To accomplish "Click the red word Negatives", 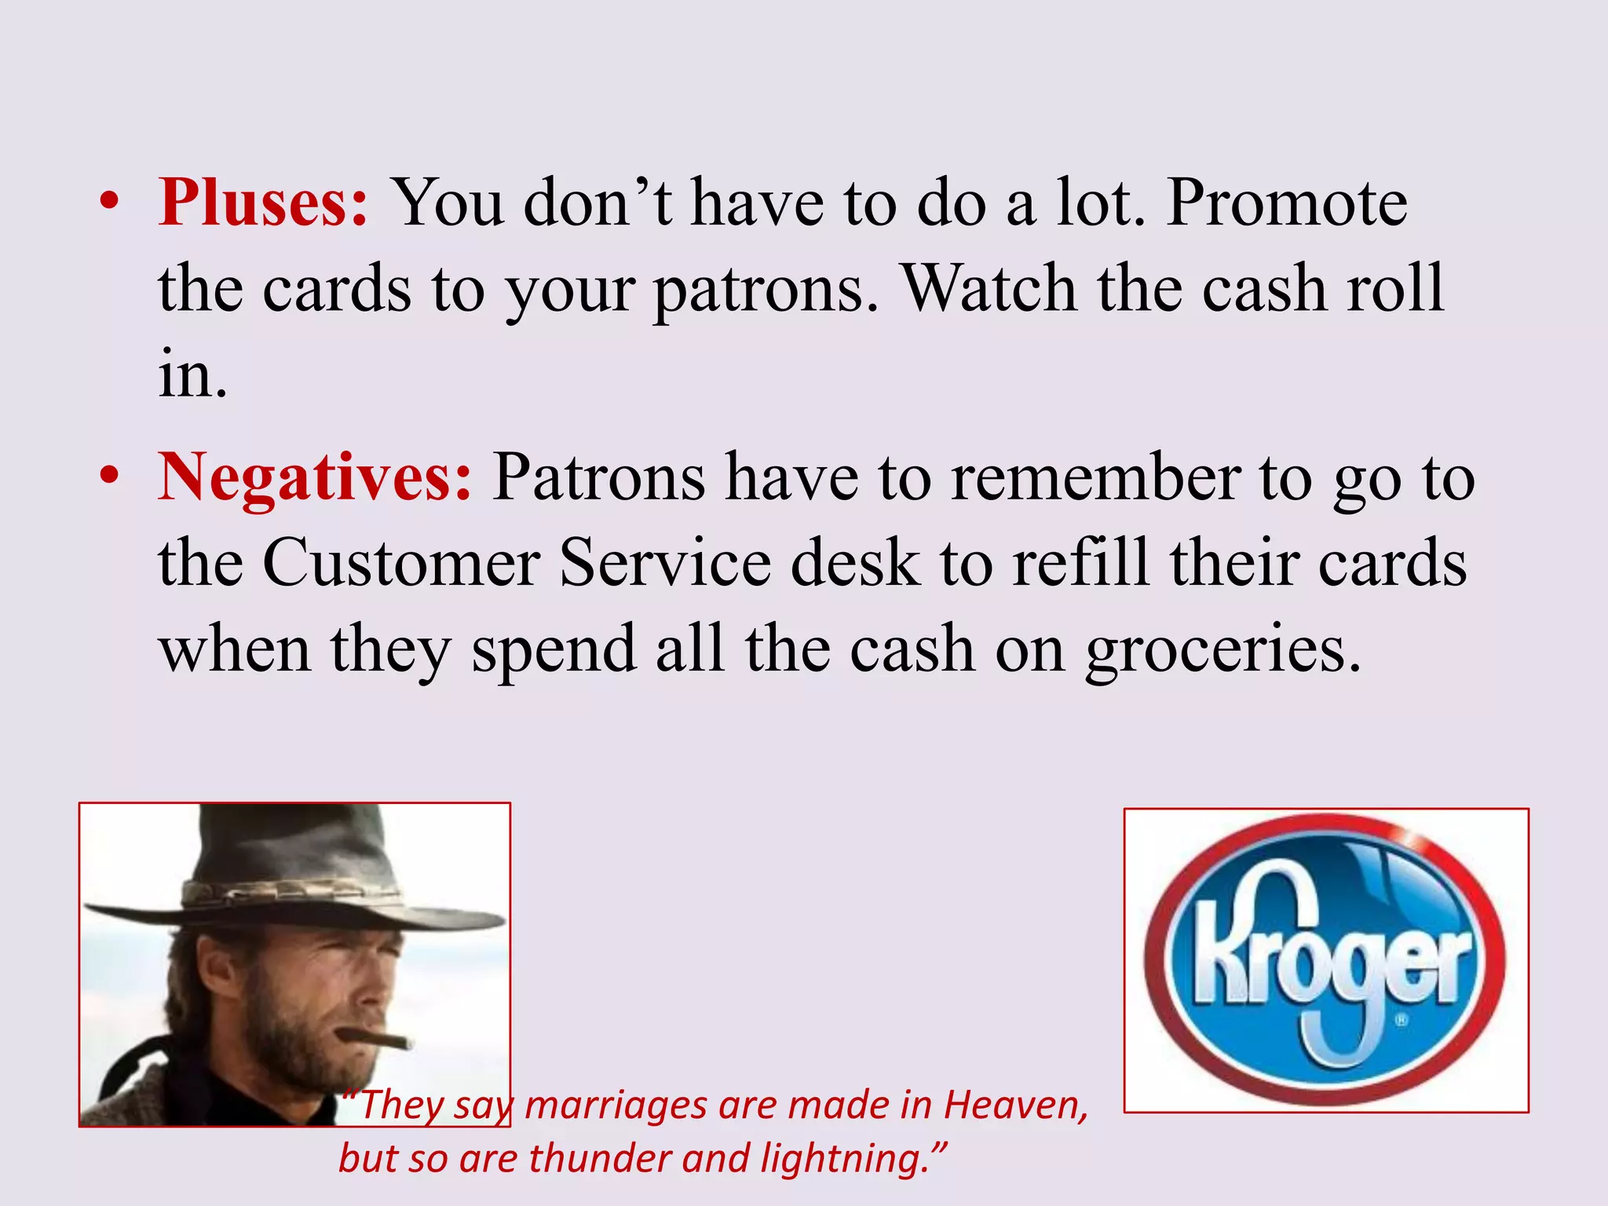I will tap(315, 477).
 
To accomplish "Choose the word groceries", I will tap(1223, 650).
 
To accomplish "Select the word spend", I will tap(554, 650).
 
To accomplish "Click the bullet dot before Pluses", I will tap(110, 203).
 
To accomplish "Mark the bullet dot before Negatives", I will tap(110, 477).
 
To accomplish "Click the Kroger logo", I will tap(1325, 959).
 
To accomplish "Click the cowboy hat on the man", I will tap(294, 872).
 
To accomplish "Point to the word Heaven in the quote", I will tap(1015, 1105).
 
